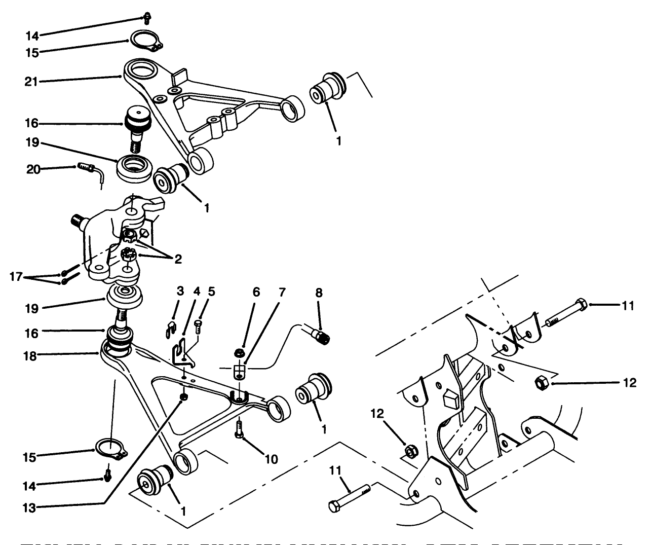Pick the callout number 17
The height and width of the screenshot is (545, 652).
(x=16, y=277)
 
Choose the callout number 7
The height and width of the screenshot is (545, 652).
(x=282, y=293)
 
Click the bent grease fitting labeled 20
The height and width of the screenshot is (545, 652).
(x=92, y=169)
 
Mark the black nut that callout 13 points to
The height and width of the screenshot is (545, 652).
(x=184, y=396)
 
